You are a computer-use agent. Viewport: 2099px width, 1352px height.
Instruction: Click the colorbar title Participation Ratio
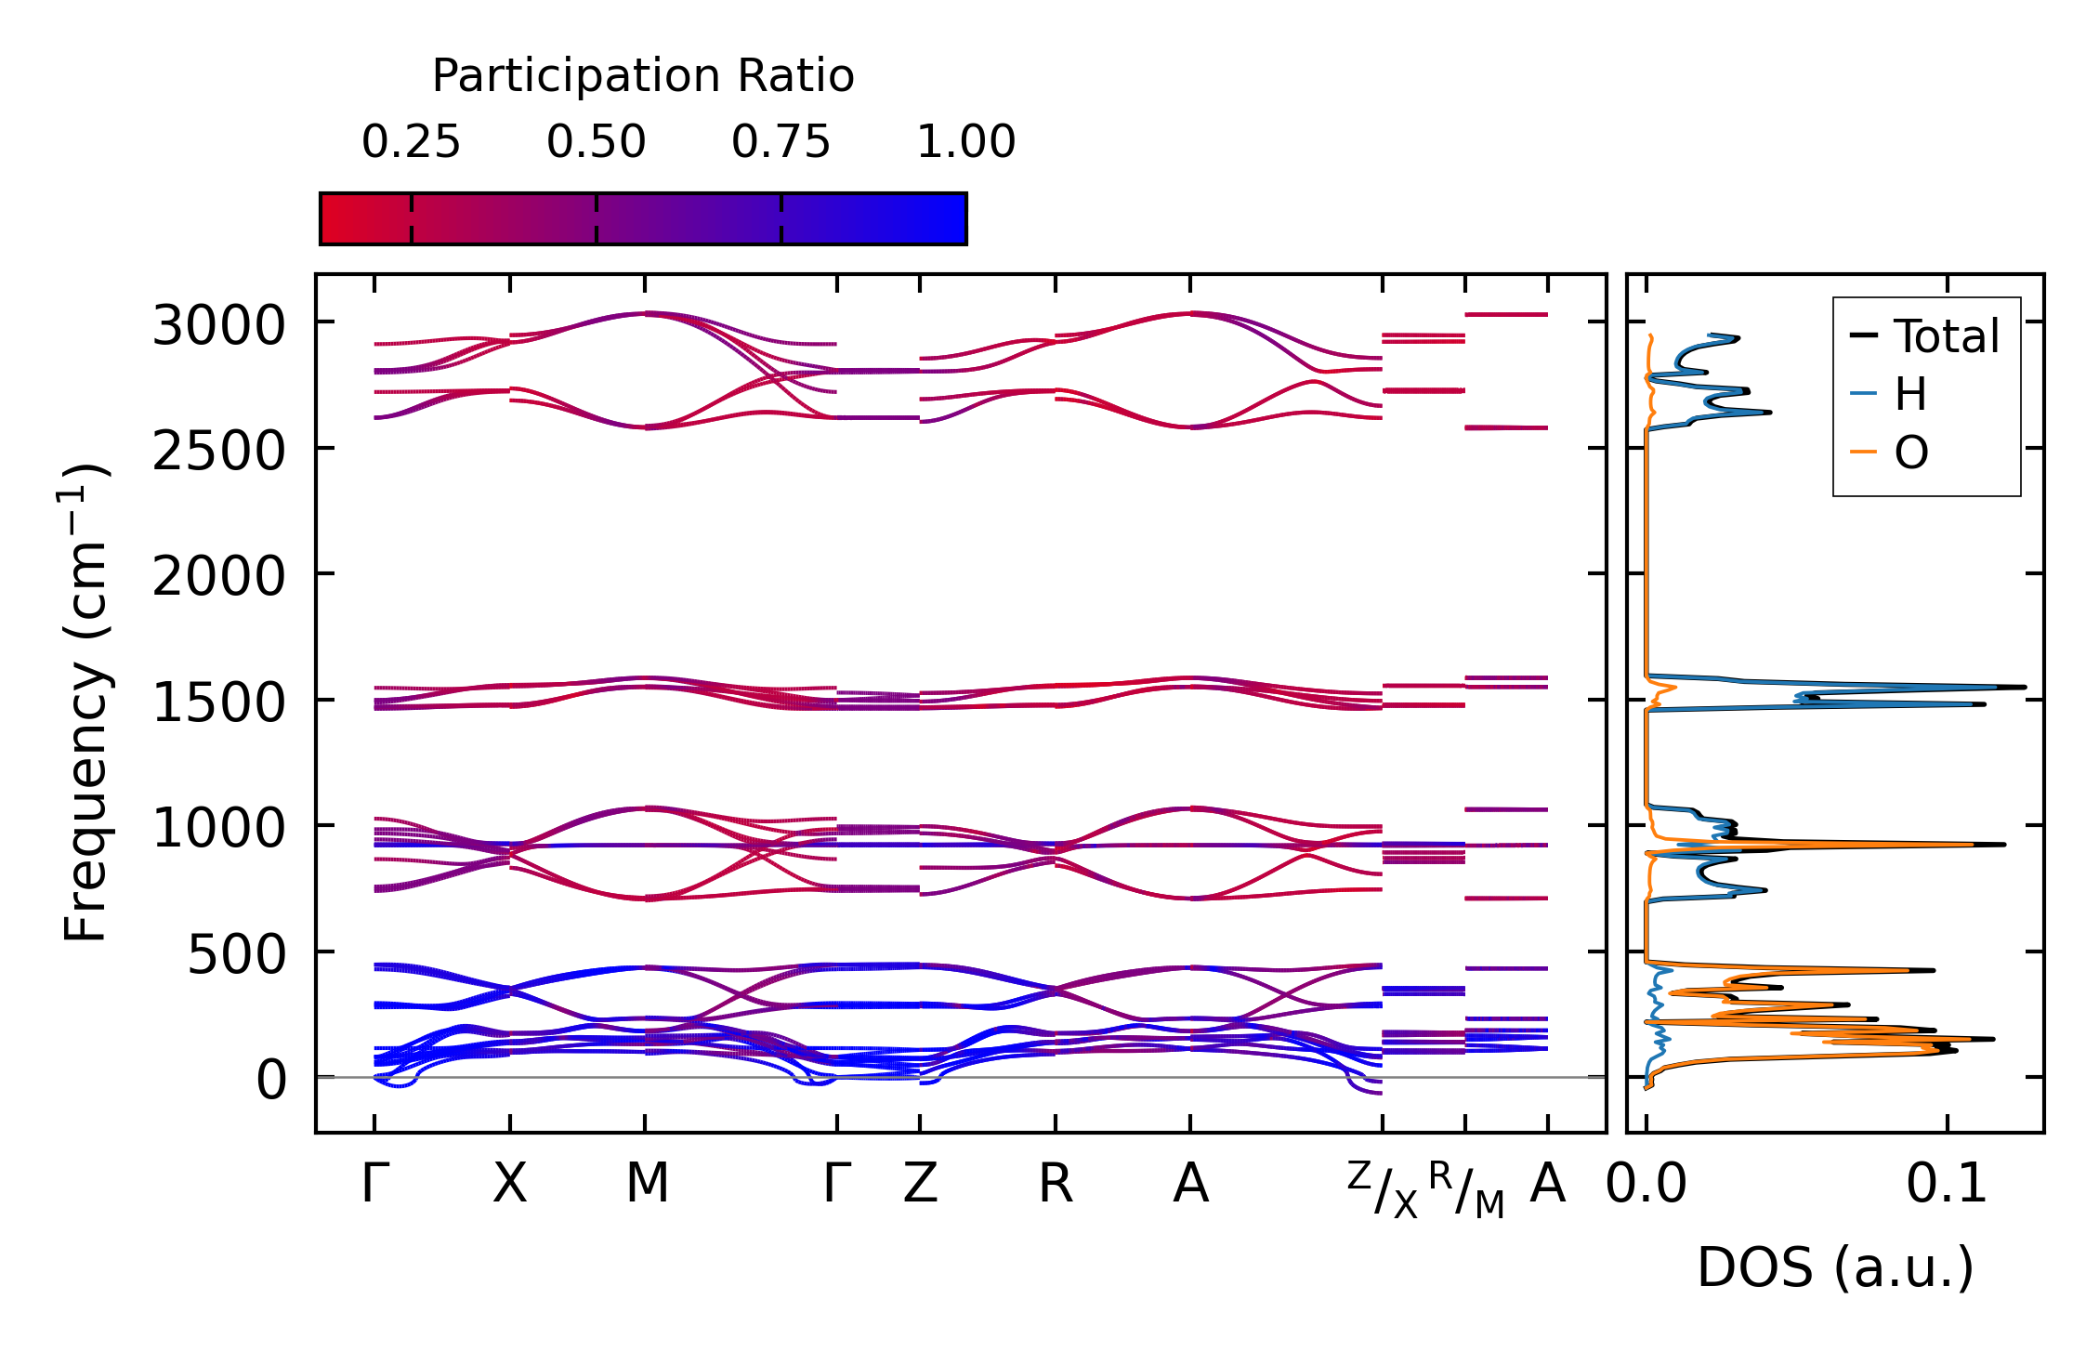(643, 76)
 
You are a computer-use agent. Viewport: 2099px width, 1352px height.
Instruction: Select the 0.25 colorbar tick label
(411, 143)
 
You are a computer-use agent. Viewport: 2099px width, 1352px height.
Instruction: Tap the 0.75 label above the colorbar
(781, 143)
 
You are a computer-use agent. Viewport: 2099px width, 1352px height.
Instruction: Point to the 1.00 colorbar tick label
(965, 143)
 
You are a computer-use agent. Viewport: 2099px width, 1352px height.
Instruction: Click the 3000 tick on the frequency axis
(218, 327)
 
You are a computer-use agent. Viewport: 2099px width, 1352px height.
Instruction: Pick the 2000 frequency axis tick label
(218, 578)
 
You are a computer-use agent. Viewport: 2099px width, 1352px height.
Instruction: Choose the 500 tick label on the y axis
(236, 955)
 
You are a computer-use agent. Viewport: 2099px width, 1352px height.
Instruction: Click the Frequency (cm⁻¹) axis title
(85, 702)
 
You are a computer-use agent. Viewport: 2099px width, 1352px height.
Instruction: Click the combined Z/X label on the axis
(1383, 1189)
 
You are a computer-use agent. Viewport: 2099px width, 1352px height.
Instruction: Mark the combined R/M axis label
(1465, 1189)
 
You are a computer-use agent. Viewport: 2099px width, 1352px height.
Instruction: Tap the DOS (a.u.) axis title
(1835, 1268)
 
